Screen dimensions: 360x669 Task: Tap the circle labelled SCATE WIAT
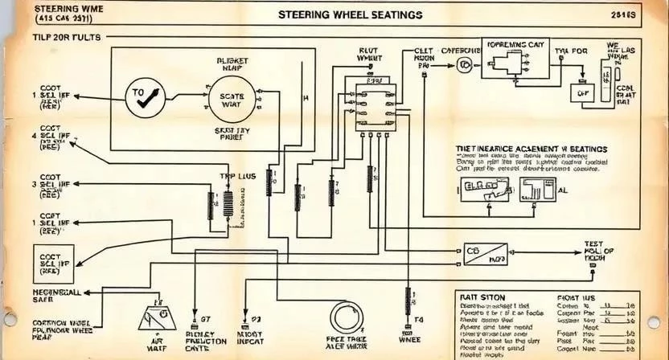[231, 100]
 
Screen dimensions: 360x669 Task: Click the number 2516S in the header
[622, 15]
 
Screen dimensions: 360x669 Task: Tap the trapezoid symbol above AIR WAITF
[157, 318]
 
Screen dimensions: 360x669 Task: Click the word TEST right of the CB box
[593, 243]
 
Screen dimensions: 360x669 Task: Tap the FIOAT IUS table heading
[575, 297]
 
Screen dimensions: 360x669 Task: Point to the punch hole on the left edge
[10, 319]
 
